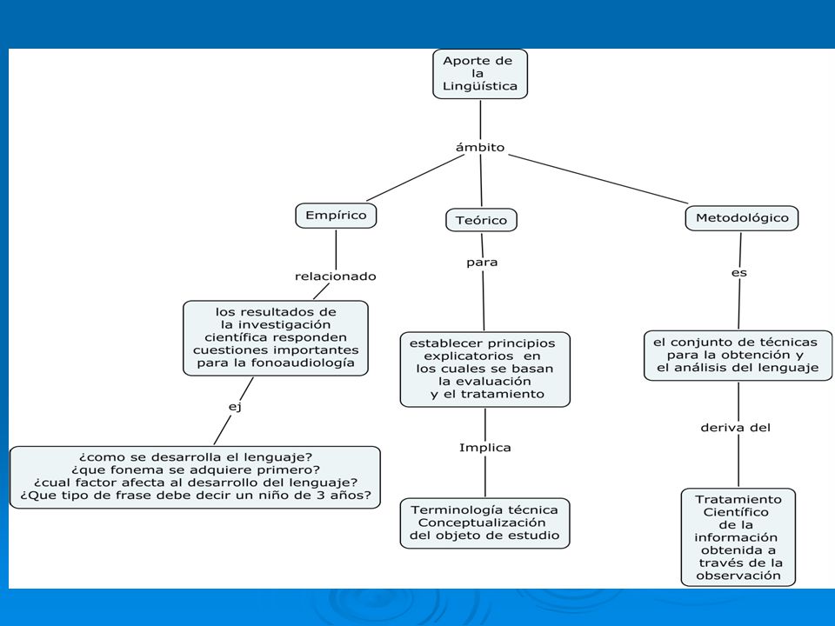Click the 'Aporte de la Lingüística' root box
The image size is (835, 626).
tap(480, 74)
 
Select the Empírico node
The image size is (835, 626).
tap(336, 216)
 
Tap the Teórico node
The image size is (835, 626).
tap(481, 220)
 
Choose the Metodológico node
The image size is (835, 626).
tap(742, 218)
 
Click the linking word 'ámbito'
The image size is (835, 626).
tap(480, 148)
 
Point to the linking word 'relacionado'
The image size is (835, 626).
tap(336, 276)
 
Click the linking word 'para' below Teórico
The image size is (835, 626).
tap(482, 263)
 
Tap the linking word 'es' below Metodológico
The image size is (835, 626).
tap(739, 273)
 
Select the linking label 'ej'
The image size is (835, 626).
tap(235, 407)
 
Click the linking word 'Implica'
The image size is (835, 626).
tap(485, 448)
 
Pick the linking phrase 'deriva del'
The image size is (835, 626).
tap(736, 428)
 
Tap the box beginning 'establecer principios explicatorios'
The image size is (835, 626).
tap(485, 370)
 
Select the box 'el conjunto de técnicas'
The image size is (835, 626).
tap(738, 356)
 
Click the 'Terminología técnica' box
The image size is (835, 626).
tap(484, 523)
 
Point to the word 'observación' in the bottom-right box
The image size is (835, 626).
tap(738, 576)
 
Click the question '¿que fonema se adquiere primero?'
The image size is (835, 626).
tap(196, 470)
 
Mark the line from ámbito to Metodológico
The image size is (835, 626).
tap(598, 179)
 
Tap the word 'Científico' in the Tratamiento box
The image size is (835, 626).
tap(736, 512)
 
